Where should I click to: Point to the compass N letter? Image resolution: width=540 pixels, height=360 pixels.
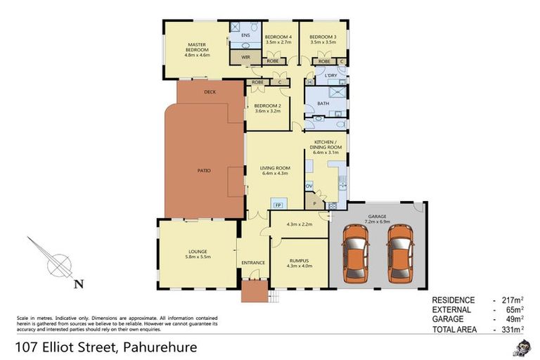[79, 284]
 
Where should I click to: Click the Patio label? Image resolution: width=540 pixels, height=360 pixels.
[204, 170]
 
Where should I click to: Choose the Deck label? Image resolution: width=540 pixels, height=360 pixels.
[210, 92]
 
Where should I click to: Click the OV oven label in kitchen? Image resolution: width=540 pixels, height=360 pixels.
[309, 186]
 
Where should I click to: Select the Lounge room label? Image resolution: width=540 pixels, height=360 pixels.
[197, 251]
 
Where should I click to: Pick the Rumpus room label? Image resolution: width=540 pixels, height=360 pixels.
[298, 261]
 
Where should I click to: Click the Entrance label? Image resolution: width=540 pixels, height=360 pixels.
[253, 263]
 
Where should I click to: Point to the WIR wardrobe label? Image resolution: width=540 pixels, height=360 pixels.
[245, 57]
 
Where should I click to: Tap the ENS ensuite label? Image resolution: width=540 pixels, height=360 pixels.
[245, 34]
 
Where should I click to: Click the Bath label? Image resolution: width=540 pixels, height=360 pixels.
[323, 103]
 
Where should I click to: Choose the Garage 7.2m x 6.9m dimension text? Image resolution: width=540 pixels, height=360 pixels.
[378, 221]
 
